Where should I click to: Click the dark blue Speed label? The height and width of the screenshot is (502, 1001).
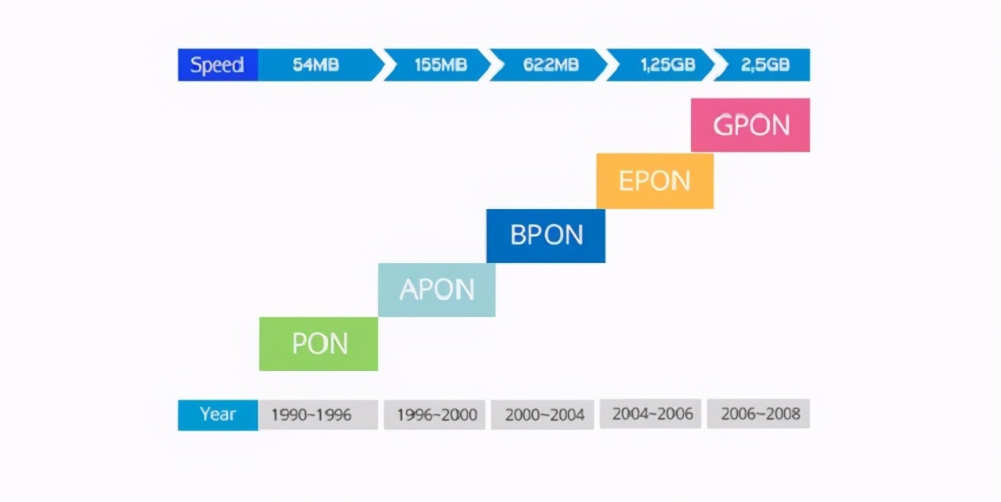click(218, 65)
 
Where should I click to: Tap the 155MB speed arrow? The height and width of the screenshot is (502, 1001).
click(438, 65)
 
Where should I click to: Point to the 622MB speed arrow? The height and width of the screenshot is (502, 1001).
click(549, 65)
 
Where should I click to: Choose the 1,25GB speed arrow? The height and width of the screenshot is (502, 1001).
click(661, 65)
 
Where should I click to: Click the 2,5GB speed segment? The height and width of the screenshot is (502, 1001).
click(763, 65)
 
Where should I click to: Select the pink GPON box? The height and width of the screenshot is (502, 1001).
click(750, 125)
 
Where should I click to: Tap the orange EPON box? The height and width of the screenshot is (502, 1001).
click(655, 181)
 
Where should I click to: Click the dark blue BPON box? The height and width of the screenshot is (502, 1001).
click(546, 236)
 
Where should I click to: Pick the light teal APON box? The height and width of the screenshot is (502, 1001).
click(437, 290)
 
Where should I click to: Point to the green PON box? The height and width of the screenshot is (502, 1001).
click(319, 344)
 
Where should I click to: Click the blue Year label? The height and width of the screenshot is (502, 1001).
click(218, 415)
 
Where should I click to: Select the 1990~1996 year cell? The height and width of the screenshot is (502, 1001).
click(318, 415)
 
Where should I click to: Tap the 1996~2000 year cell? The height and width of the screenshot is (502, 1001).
click(435, 415)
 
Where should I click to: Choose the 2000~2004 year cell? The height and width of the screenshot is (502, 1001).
click(543, 415)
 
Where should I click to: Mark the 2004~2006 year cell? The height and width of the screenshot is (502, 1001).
click(650, 414)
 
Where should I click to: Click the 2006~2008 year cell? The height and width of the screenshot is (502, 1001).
click(759, 414)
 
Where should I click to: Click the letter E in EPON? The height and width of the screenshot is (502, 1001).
click(626, 181)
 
